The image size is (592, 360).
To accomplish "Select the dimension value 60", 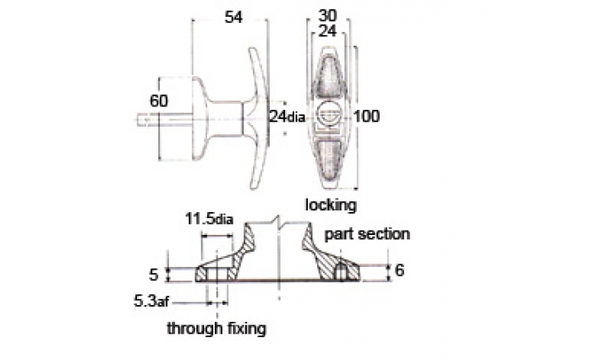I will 157,101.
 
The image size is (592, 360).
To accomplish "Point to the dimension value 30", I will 330,15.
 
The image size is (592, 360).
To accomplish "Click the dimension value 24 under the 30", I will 330,31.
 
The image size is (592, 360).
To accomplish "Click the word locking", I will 331,205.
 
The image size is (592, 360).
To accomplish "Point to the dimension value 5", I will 153,274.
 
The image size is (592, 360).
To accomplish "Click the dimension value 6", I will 399,271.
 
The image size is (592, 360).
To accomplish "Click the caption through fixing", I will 217,327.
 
